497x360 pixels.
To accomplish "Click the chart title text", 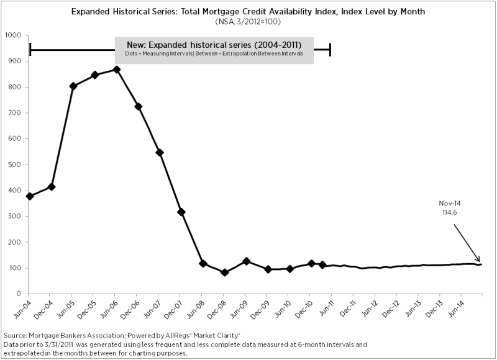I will coord(248,12).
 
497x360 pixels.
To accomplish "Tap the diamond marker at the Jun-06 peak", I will coord(116,70).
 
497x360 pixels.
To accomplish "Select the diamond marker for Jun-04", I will coord(30,196).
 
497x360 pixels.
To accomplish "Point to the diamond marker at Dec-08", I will coord(225,272).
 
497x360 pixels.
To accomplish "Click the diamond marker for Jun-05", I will coord(73,86).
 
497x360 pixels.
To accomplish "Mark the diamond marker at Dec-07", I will coord(181,212).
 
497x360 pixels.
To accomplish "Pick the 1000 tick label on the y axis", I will coord(12,35).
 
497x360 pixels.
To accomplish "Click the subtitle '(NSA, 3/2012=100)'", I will coord(248,22).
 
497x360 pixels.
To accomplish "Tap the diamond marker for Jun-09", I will coord(247,261).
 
